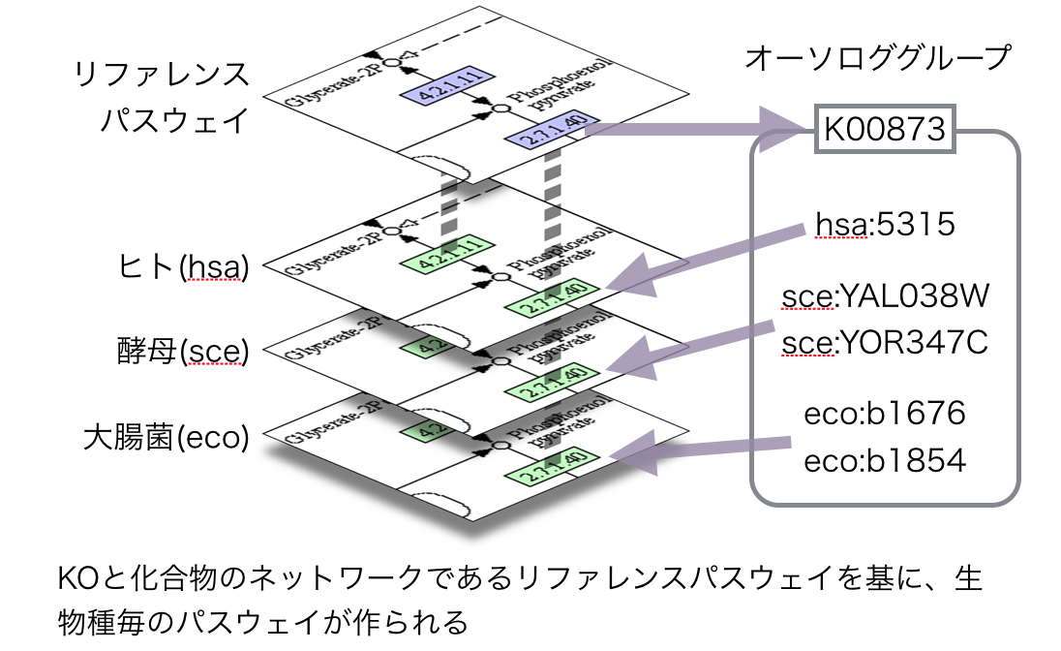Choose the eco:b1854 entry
coord(885,460)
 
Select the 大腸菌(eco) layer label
coord(166,438)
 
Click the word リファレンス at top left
coord(161,77)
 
